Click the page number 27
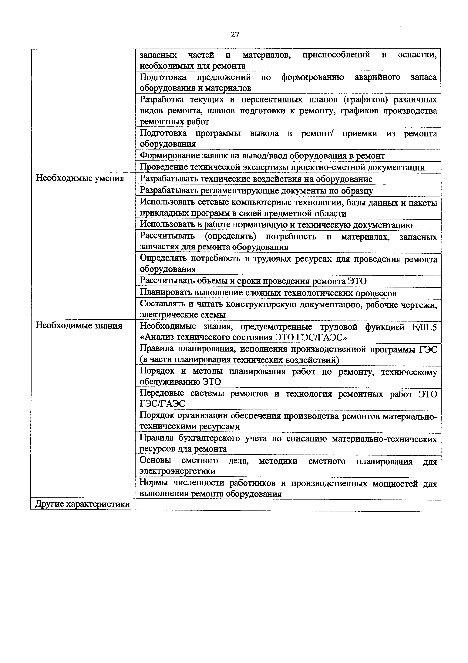tap(235, 35)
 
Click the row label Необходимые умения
tap(80, 178)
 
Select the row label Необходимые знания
tap(79, 326)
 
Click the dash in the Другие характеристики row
tap(141, 504)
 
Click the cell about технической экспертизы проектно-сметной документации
tap(282, 167)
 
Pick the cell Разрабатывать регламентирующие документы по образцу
tap(256, 191)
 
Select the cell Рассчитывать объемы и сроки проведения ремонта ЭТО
tap(253, 281)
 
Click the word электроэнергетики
tap(177, 471)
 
